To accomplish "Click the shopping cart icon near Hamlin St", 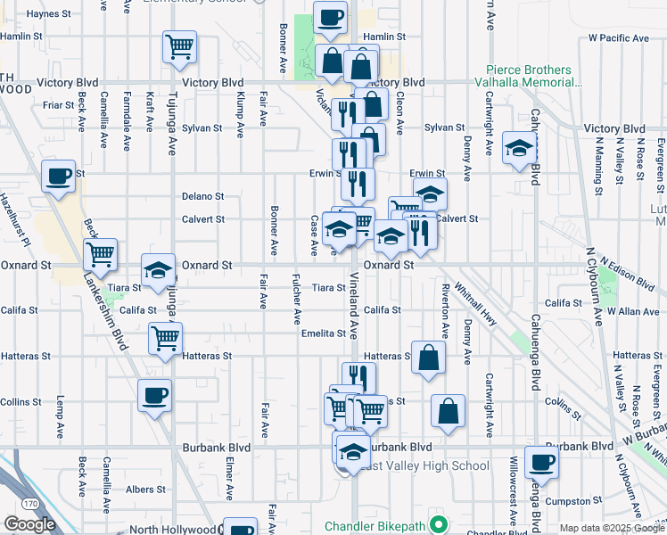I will [x=179, y=46].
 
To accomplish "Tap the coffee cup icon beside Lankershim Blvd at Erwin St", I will [x=58, y=176].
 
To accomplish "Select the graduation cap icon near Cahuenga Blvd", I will [x=518, y=148].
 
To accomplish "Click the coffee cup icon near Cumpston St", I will [x=540, y=461].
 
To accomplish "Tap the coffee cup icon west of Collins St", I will [x=154, y=395].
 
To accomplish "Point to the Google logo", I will [x=29, y=524].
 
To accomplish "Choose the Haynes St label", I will [x=48, y=14].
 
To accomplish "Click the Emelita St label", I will [x=323, y=333].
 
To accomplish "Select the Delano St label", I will [x=202, y=196].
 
